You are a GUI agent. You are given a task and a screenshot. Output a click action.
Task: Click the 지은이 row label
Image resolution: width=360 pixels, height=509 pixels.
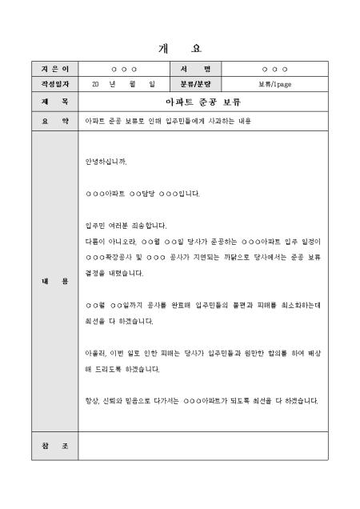[54, 70]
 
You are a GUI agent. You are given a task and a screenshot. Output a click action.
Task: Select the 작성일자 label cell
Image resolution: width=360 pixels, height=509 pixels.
[54, 83]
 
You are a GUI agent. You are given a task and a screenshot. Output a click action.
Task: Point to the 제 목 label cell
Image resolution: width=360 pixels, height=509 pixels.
[54, 102]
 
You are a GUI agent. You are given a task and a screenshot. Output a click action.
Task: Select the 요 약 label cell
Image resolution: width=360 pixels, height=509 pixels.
[54, 122]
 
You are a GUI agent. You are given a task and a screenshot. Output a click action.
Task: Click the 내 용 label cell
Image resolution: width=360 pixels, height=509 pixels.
[54, 282]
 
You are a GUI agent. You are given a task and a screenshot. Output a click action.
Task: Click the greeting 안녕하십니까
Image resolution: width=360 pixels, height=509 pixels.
[106, 161]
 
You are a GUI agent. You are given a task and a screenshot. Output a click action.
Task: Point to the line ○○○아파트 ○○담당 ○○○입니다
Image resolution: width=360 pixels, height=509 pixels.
[142, 193]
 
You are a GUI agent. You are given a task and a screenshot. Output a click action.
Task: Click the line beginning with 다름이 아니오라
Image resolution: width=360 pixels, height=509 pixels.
[202, 241]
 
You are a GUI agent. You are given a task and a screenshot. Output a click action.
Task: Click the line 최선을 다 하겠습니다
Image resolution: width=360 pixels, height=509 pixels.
[120, 322]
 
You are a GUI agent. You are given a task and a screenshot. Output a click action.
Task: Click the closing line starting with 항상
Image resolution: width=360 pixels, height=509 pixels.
[202, 401]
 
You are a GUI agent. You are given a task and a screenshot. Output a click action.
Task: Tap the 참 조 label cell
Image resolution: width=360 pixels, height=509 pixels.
[54, 445]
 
